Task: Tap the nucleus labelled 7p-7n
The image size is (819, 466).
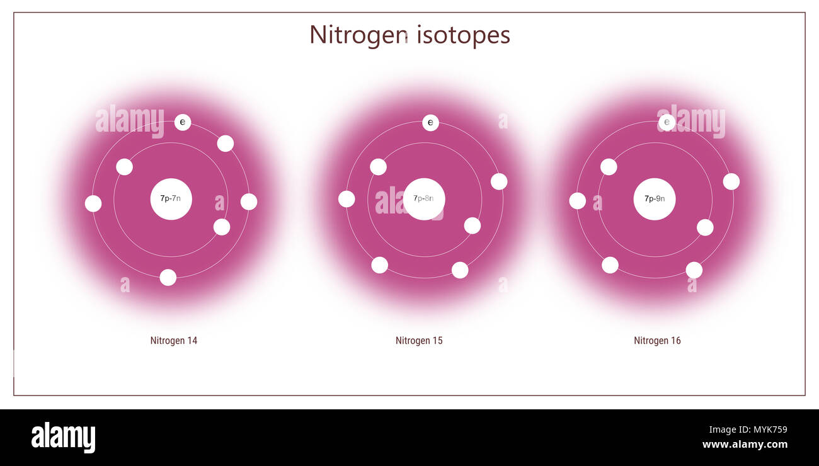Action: (x=171, y=199)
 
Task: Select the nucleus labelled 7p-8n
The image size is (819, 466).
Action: (x=424, y=199)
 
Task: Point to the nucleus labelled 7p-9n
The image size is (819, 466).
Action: (x=655, y=199)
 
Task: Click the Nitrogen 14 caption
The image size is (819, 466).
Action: (x=174, y=341)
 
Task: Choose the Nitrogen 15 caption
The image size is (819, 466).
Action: (x=419, y=341)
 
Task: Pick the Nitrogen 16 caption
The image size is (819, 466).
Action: (x=657, y=341)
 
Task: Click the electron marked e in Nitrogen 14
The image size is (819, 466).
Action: (x=183, y=122)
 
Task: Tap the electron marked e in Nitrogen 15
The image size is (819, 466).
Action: (x=430, y=123)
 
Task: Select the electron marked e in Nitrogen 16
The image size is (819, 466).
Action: (x=667, y=122)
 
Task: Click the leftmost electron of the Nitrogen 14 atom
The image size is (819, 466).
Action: (x=93, y=203)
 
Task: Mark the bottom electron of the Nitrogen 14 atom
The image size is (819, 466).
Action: (x=168, y=277)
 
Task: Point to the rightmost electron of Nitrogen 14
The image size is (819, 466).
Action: (x=249, y=202)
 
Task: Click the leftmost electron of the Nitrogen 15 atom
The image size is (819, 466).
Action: (x=346, y=199)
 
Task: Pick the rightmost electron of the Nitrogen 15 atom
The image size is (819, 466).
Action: (x=499, y=181)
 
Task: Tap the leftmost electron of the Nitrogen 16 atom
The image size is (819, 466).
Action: (x=577, y=201)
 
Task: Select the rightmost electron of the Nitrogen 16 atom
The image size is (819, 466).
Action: (x=731, y=181)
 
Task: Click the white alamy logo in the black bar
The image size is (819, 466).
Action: (x=63, y=438)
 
